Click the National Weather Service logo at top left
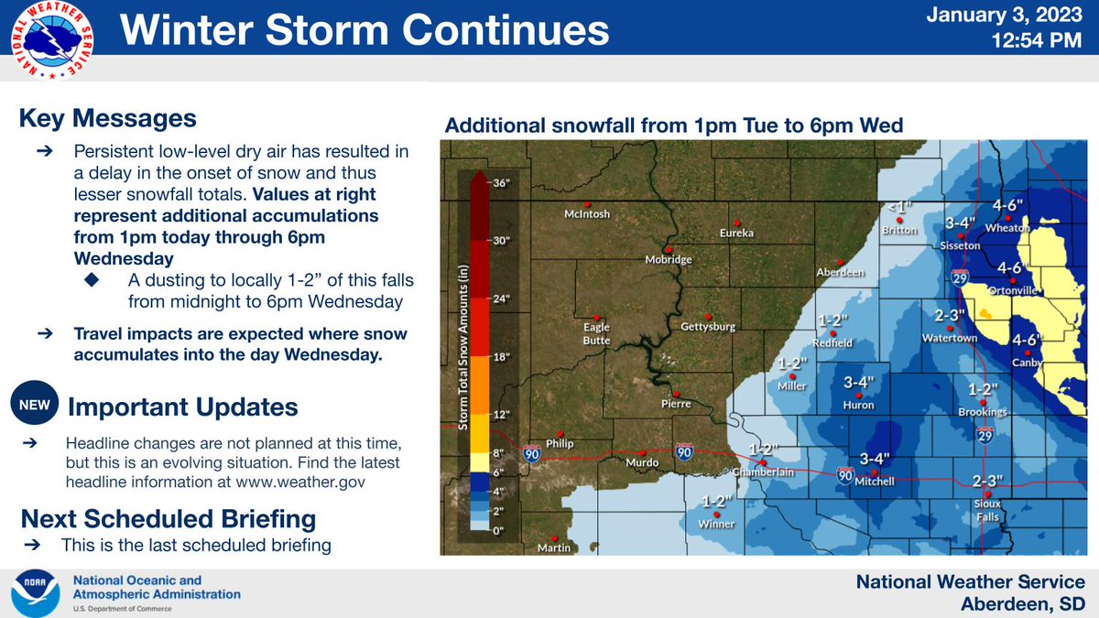[52, 36]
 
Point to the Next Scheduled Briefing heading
[169, 519]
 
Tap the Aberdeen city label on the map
[841, 273]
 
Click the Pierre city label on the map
[675, 404]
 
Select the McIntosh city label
[586, 214]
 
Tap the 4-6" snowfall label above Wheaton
[1009, 205]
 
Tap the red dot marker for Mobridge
[669, 249]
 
